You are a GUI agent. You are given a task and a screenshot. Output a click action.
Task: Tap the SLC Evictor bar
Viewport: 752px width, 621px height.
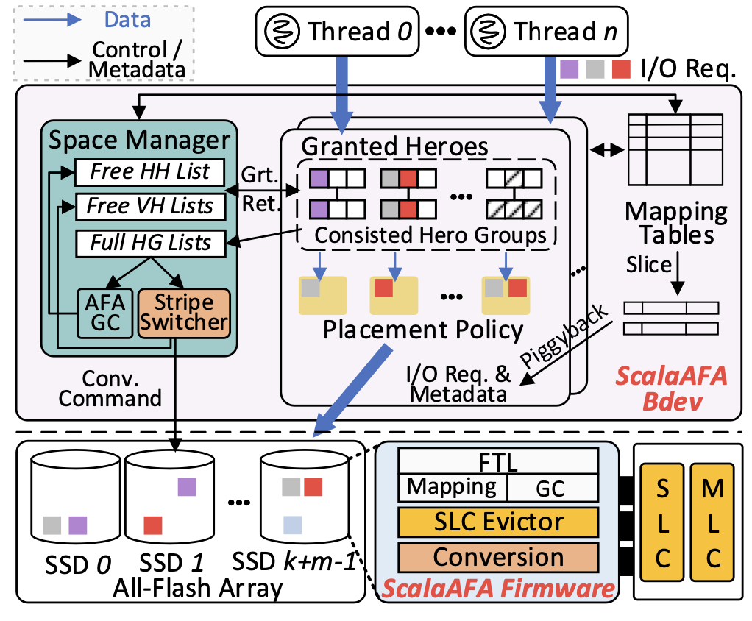click(497, 522)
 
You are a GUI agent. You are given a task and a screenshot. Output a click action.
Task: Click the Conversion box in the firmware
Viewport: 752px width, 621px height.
click(497, 557)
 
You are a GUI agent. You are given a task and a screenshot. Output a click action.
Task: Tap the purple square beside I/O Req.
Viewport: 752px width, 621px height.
click(569, 69)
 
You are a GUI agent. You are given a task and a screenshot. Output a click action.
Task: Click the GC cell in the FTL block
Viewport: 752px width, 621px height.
click(552, 487)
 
